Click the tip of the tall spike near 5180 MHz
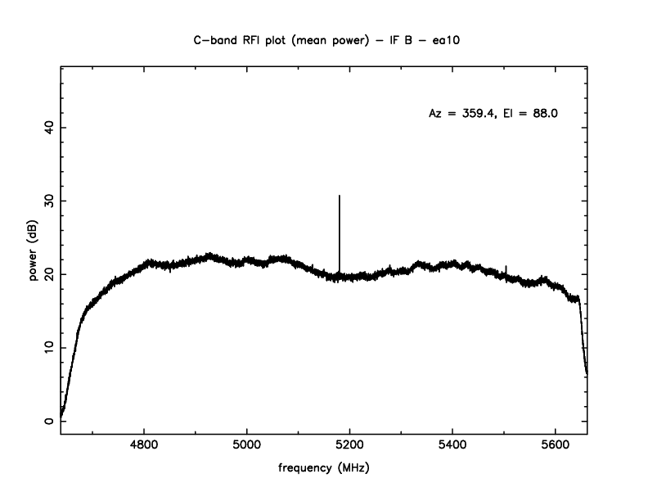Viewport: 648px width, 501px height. (x=340, y=196)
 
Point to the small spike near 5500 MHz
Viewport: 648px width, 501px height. (x=506, y=267)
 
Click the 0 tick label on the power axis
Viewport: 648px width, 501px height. (x=48, y=422)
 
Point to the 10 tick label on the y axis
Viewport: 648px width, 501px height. (x=48, y=348)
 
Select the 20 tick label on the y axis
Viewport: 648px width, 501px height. (x=48, y=274)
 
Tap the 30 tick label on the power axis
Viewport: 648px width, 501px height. (x=48, y=201)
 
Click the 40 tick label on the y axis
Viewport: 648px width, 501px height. (x=48, y=127)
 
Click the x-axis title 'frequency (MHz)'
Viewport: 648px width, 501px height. (x=324, y=469)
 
